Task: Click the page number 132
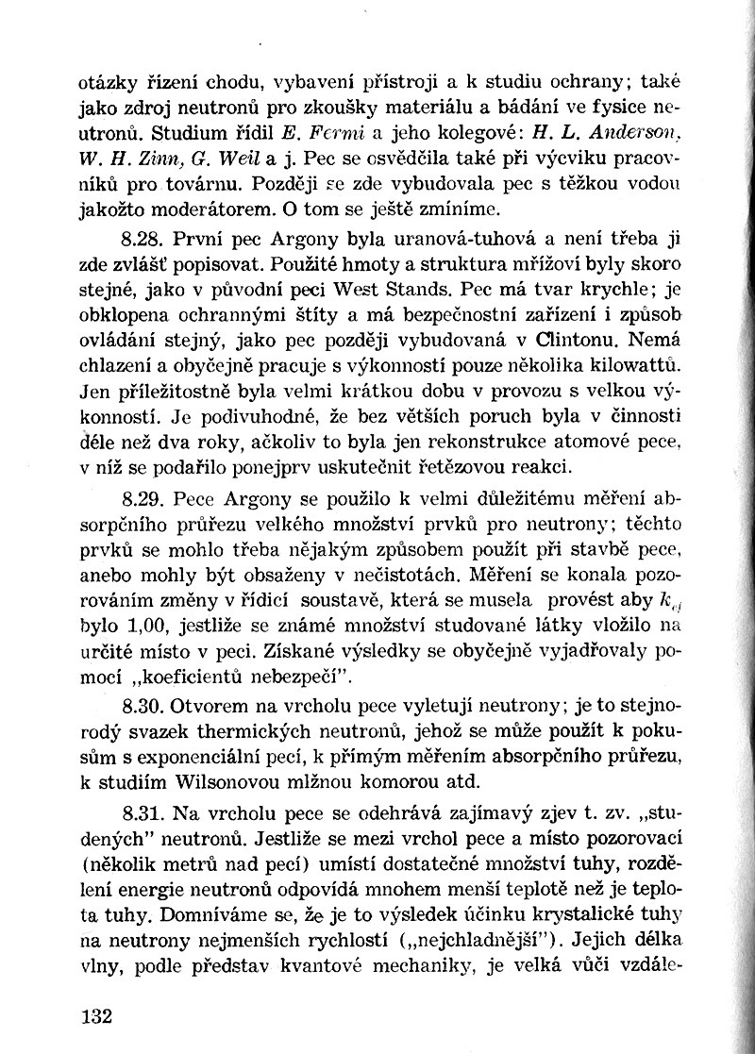tap(95, 1016)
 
